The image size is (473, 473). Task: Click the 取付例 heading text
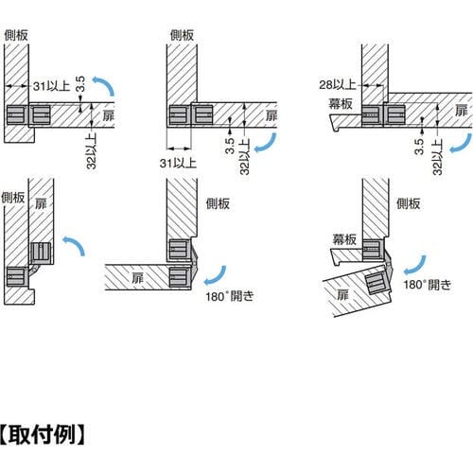(x=42, y=435)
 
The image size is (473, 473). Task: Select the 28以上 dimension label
(x=338, y=84)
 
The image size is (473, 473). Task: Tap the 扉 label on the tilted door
(x=342, y=295)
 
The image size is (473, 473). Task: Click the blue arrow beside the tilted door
(x=415, y=265)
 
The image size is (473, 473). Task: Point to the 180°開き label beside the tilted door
(x=428, y=285)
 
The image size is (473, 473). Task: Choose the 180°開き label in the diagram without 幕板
(x=230, y=296)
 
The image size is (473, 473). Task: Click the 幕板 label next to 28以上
(x=341, y=104)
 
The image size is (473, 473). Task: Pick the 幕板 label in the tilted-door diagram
(x=344, y=239)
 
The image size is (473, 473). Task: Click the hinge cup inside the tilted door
(x=377, y=282)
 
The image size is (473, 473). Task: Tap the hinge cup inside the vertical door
(x=41, y=253)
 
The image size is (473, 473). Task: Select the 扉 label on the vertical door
(x=41, y=203)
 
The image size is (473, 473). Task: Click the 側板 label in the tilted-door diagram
(x=408, y=203)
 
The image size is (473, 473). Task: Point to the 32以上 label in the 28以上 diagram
(x=438, y=157)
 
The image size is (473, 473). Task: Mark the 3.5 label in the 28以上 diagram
(x=419, y=147)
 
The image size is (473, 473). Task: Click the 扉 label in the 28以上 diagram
(x=462, y=111)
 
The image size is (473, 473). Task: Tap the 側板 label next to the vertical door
(x=12, y=198)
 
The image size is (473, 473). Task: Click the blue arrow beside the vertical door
(x=75, y=245)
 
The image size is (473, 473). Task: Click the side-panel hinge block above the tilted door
(x=372, y=250)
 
